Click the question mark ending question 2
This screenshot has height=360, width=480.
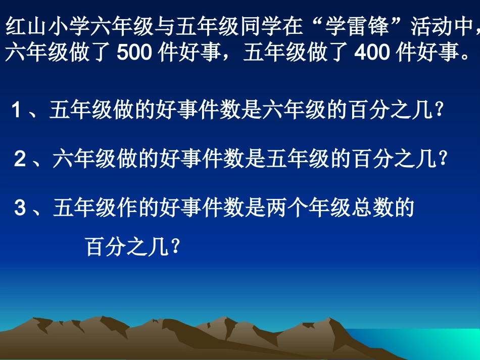coord(443,160)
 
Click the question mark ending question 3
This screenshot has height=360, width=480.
coord(175,247)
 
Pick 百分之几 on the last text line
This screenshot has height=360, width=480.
coord(127,247)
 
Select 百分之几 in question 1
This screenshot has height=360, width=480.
coord(391,110)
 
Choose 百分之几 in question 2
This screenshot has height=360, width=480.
coord(394,160)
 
